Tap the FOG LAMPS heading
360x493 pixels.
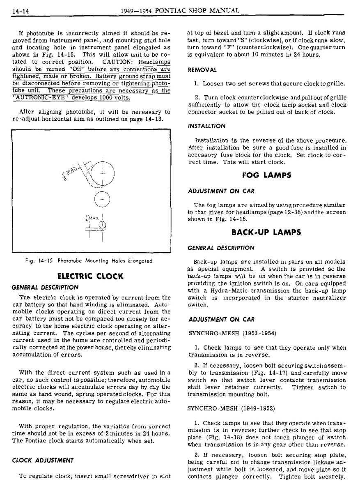point(266,175)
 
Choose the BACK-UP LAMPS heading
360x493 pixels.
point(266,232)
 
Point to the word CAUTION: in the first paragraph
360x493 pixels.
point(116,62)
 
